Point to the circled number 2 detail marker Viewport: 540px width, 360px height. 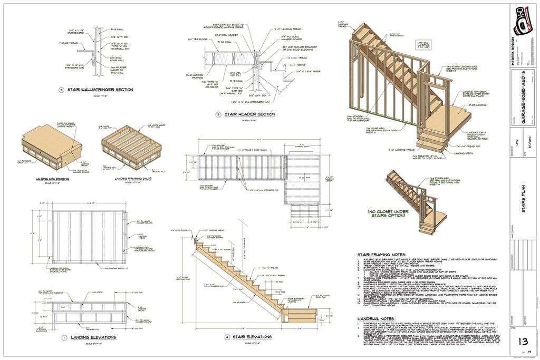click(x=218, y=114)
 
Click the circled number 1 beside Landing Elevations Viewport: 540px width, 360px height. click(x=64, y=337)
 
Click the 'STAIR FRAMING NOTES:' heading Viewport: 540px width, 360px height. click(x=380, y=254)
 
